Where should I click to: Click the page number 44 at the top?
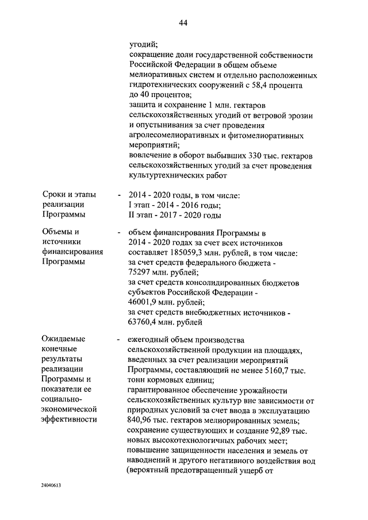(x=183, y=23)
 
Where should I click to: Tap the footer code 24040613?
(x=51, y=485)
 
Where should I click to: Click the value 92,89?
(x=277, y=429)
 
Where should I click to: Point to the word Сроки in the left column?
(x=53, y=195)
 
